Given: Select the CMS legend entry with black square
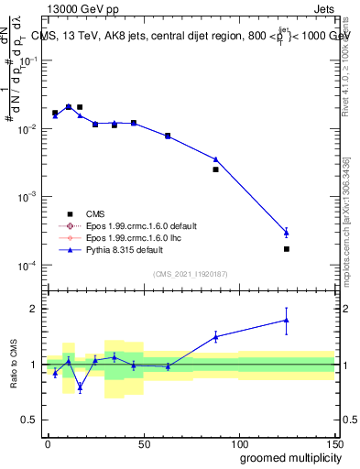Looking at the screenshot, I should (x=82, y=213).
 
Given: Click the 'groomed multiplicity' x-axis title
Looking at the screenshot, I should (x=286, y=457).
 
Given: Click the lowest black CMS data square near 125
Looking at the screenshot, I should (x=287, y=249).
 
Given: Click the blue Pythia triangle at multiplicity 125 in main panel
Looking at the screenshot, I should (x=287, y=232).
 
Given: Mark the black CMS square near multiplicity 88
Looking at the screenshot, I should (x=216, y=169).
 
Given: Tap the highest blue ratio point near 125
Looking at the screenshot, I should (x=287, y=320).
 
